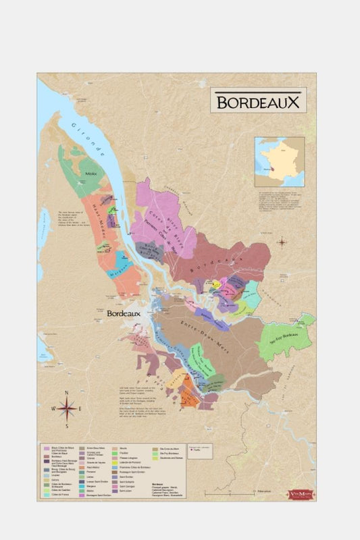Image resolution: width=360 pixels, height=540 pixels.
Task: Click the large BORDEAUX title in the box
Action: coord(256,101)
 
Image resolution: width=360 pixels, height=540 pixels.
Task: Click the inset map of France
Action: coord(279,161)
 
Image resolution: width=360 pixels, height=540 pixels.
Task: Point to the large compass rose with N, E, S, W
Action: coord(66,408)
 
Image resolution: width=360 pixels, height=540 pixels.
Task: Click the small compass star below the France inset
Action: coord(282,241)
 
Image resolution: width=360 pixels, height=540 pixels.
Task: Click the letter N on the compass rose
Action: coord(66,392)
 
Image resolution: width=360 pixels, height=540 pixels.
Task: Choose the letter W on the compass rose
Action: coord(51,409)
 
